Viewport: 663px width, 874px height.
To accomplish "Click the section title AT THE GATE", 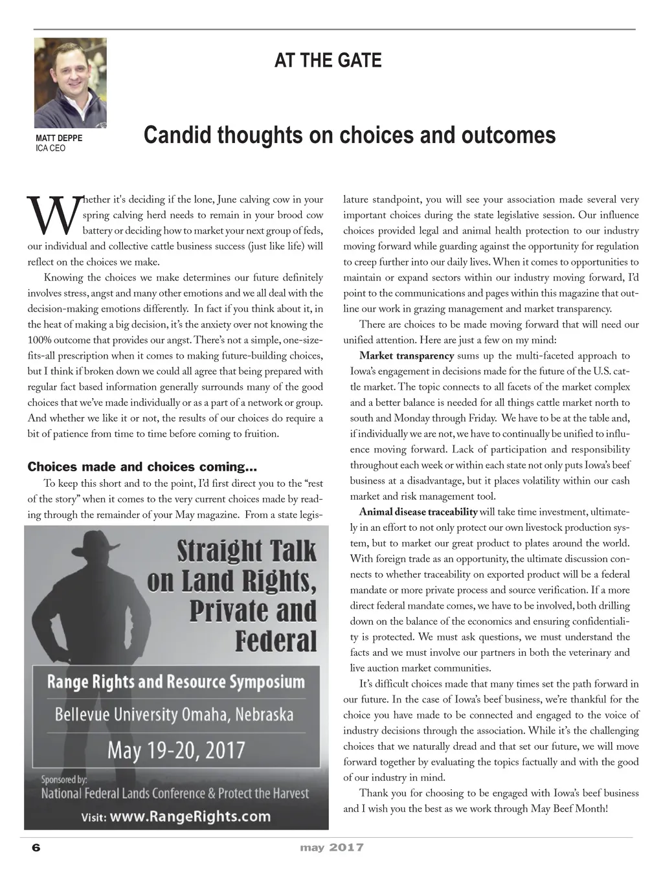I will (328, 61).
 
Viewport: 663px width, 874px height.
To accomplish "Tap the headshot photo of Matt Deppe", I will (70, 82).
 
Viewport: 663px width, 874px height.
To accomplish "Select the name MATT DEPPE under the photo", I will (59, 139).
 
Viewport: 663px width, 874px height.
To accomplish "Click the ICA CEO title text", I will (51, 148).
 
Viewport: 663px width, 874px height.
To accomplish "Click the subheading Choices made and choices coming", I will (142, 467).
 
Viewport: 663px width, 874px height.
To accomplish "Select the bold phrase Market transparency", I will (406, 356).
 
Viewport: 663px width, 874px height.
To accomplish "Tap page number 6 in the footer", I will (36, 848).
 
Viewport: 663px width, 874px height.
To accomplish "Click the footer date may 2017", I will (331, 847).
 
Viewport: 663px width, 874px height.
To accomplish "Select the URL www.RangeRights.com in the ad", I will (190, 816).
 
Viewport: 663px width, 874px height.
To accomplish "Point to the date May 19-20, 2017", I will (176, 751).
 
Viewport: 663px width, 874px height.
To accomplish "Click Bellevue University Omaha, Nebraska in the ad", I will (174, 715).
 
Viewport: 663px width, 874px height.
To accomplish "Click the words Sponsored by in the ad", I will (64, 779).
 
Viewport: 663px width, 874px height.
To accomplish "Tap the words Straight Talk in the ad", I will (247, 552).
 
